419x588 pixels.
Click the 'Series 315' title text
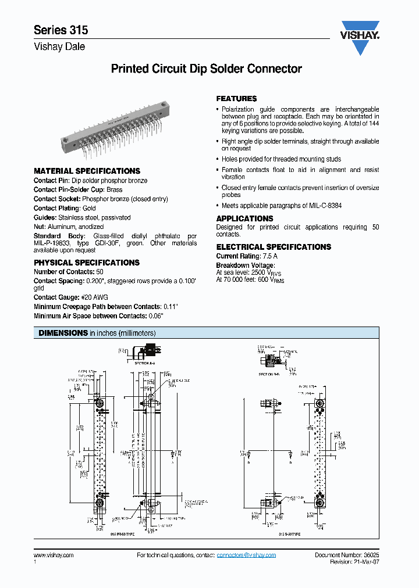pyautogui.click(x=61, y=30)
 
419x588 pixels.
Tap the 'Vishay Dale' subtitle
pyautogui.click(x=59, y=47)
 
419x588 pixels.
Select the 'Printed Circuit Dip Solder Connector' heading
pyautogui.click(x=206, y=69)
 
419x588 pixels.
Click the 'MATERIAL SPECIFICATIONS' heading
pyautogui.click(x=87, y=171)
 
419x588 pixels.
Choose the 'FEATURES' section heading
pyautogui.click(x=236, y=99)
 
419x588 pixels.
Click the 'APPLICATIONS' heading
pyautogui.click(x=244, y=218)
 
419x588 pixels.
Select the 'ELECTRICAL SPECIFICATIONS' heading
pyautogui.click(x=274, y=247)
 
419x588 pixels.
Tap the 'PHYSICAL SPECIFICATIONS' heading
pyautogui.click(x=87, y=263)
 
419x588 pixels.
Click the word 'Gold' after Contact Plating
pyautogui.click(x=89, y=208)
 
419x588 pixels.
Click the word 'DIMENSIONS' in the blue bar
pyautogui.click(x=63, y=333)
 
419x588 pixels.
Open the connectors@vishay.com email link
pyautogui.click(x=246, y=555)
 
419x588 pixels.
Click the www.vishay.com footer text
pyautogui.click(x=54, y=555)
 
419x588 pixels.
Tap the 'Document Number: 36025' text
pyautogui.click(x=347, y=555)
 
